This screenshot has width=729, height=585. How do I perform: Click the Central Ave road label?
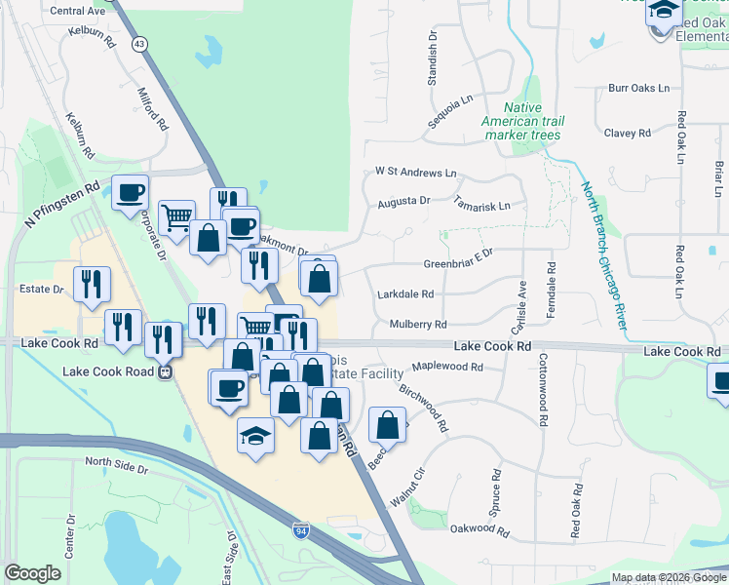click(x=77, y=11)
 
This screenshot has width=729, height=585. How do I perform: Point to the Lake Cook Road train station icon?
click(x=167, y=371)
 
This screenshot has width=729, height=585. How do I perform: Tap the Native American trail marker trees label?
click(x=522, y=121)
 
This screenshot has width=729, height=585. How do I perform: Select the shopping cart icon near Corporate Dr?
click(x=176, y=216)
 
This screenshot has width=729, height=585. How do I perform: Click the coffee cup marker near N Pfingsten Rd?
click(x=130, y=192)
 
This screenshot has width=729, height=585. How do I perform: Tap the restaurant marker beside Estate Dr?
click(x=92, y=285)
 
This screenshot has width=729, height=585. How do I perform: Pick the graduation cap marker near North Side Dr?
click(x=255, y=435)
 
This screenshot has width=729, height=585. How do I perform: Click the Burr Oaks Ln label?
click(x=638, y=88)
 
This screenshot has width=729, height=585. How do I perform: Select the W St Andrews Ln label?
click(x=415, y=172)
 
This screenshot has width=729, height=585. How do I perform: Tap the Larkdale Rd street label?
click(x=404, y=293)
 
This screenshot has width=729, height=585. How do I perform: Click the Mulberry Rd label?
click(x=417, y=324)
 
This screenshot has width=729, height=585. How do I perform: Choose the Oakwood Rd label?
click(x=480, y=532)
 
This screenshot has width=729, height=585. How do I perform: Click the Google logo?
click(x=32, y=572)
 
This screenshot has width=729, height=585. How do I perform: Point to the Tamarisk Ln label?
click(x=481, y=206)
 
